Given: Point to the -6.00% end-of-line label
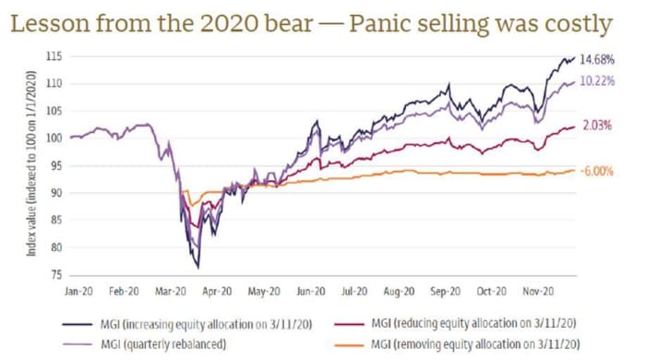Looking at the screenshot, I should [594, 172].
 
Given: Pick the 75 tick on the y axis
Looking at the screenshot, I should [57, 274].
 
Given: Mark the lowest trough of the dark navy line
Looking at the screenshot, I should [197, 268].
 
